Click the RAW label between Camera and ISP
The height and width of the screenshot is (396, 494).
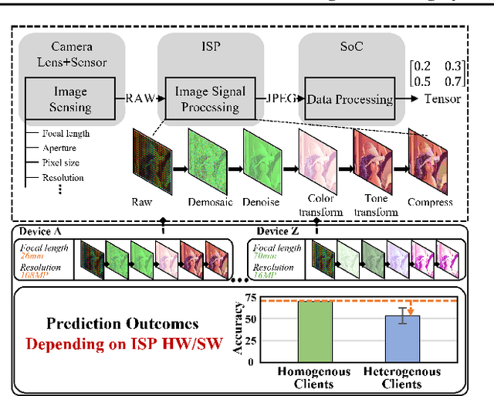click(139, 98)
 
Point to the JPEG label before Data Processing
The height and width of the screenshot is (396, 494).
click(283, 98)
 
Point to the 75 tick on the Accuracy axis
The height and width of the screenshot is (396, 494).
click(249, 298)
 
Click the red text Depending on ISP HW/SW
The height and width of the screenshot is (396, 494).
click(125, 343)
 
